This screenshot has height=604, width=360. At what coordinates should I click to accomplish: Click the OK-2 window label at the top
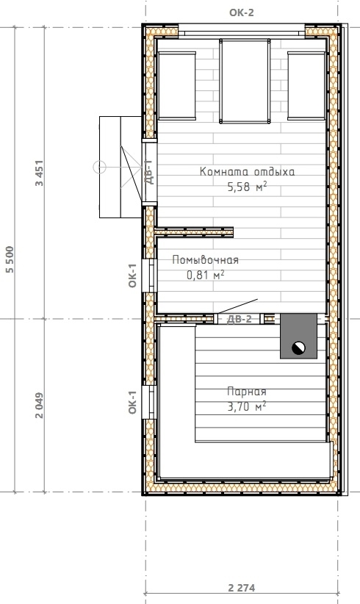click(x=242, y=12)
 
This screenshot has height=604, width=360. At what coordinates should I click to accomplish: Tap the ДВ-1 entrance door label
click(x=149, y=172)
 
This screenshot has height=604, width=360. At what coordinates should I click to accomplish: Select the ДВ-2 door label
click(x=239, y=319)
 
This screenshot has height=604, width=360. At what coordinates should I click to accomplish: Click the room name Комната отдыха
click(x=247, y=171)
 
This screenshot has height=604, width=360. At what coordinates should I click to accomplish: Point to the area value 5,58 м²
click(x=247, y=187)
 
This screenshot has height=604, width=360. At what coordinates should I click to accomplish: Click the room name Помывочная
click(x=205, y=260)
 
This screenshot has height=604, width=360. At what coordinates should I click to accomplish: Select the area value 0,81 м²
click(x=205, y=275)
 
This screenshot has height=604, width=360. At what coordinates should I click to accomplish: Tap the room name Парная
click(x=246, y=392)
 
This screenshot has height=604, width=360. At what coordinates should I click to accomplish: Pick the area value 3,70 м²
click(x=246, y=406)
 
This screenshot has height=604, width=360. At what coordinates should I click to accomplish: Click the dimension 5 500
click(x=10, y=259)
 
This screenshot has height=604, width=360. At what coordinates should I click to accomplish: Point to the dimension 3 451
click(x=39, y=173)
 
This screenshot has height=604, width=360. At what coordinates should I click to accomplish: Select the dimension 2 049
click(x=39, y=406)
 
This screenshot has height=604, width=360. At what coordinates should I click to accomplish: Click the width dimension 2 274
click(x=242, y=588)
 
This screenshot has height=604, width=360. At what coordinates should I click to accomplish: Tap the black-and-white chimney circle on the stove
click(x=298, y=348)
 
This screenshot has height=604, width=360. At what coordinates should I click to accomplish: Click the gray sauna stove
click(x=298, y=336)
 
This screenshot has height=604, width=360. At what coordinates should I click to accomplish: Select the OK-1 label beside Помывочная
click(x=132, y=276)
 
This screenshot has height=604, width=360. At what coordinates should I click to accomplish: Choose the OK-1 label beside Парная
click(x=132, y=402)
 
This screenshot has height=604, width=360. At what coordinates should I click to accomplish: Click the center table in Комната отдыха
click(x=245, y=81)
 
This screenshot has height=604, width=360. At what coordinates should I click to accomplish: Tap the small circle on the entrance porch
click(x=99, y=168)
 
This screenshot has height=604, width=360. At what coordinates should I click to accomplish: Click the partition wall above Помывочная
click(x=194, y=232)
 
